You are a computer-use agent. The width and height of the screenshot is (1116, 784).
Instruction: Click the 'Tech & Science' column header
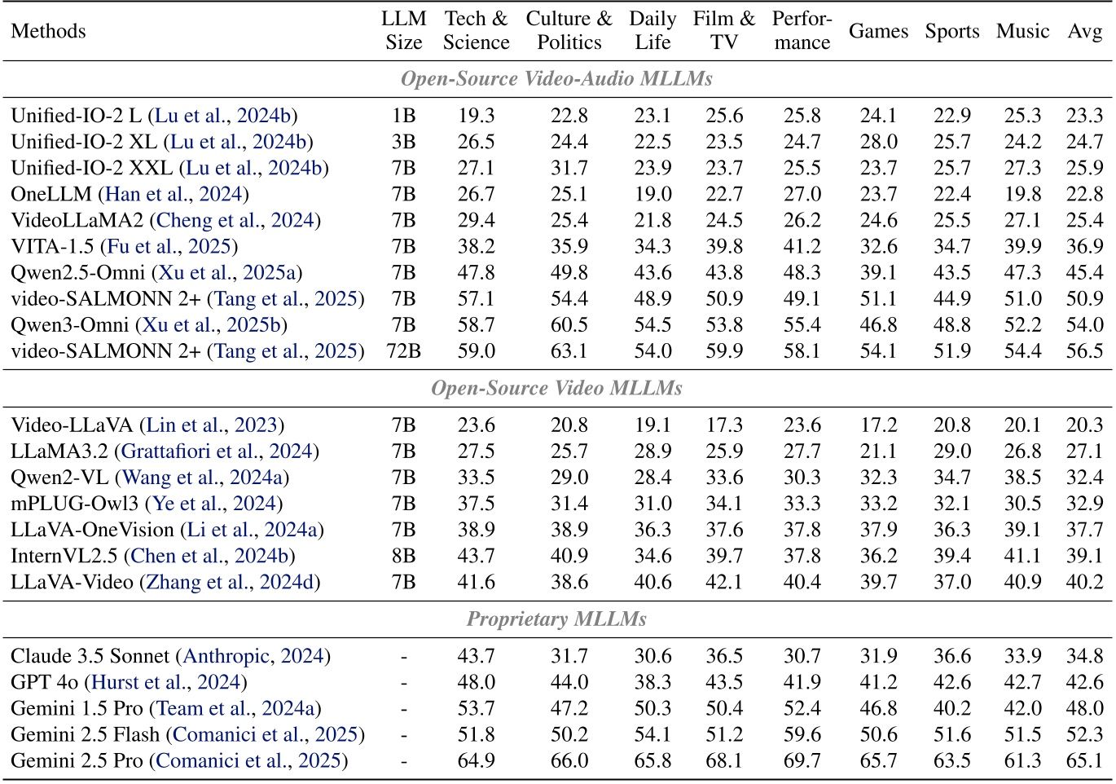(477, 31)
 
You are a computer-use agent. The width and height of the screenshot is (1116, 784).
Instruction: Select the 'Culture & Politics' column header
(569, 31)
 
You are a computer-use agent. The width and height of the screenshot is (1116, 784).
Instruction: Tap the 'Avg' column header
(1084, 31)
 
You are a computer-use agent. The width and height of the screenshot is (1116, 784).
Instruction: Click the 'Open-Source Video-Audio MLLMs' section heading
(557, 79)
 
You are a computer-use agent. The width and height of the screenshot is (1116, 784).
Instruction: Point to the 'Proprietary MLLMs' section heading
(557, 619)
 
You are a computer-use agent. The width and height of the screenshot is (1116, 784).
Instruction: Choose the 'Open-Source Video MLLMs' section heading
(557, 388)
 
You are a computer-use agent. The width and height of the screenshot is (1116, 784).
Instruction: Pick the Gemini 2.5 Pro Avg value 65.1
(1084, 761)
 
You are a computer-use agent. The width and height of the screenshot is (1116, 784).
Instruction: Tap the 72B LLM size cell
(404, 351)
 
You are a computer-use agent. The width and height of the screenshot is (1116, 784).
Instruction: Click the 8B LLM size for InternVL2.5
(404, 556)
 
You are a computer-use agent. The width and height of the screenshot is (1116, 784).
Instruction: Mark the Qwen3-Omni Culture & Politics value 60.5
(569, 325)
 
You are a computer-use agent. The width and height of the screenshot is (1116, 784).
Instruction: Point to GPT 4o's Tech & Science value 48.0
(477, 682)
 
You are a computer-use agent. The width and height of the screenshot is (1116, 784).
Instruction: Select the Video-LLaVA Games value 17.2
(878, 425)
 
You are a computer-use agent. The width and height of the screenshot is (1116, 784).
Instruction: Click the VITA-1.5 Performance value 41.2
(802, 246)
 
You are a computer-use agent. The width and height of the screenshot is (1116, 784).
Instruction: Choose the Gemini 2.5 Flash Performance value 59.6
(802, 735)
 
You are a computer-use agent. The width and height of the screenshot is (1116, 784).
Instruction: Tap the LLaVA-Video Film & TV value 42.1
(724, 582)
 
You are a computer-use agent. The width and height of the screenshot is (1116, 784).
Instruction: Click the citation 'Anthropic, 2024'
(254, 656)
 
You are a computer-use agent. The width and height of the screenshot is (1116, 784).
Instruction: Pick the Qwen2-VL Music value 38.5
(1022, 478)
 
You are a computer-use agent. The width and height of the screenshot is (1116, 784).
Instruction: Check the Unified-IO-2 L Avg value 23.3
(1084, 116)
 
